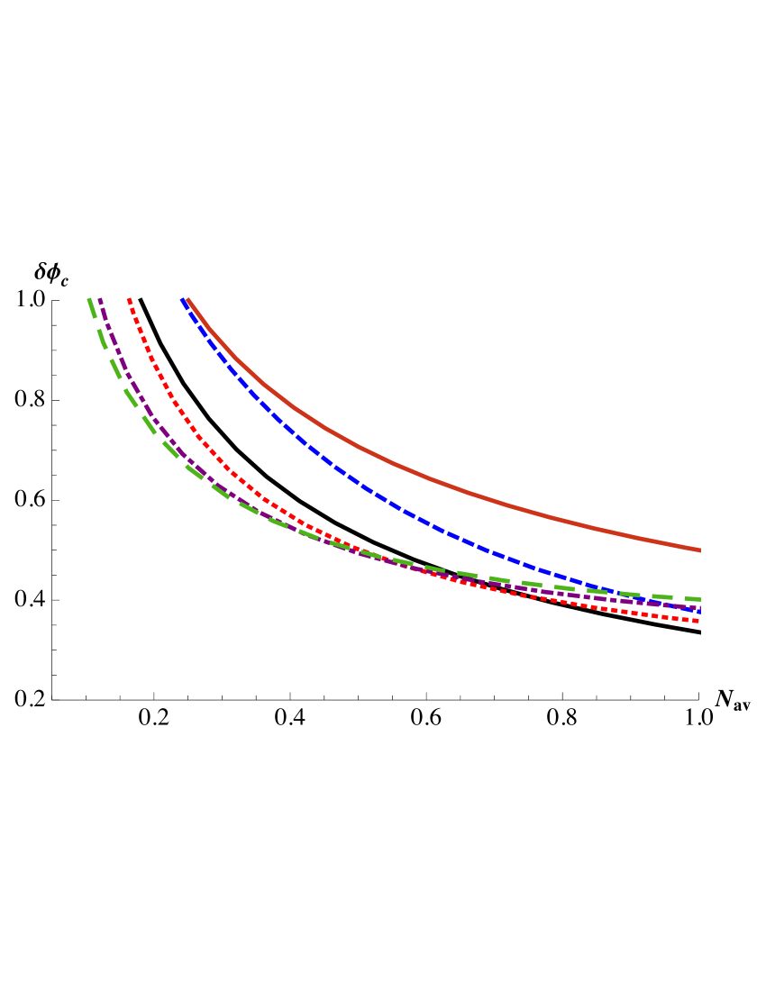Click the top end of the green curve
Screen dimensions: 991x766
coord(89,299)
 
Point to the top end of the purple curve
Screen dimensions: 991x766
coord(100,299)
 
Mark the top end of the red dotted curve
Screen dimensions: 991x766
coord(129,299)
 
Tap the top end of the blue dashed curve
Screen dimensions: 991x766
coord(182,299)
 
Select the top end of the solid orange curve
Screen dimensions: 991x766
coord(187,299)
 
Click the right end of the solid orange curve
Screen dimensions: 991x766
coord(700,550)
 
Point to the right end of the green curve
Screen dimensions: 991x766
coord(700,599)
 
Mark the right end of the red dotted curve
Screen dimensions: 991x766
coord(699,621)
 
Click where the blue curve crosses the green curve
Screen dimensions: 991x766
coord(622,593)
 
